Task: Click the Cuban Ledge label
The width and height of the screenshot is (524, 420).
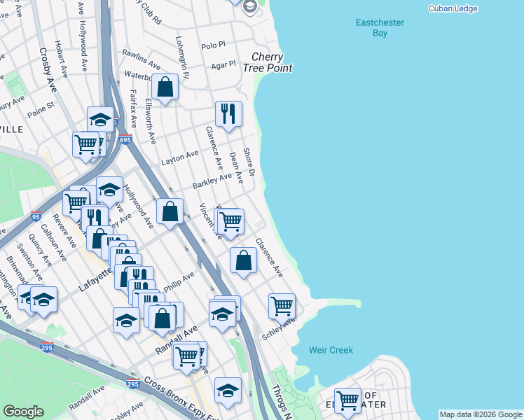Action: tap(453, 8)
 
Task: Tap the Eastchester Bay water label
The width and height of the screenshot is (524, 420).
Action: tap(380, 28)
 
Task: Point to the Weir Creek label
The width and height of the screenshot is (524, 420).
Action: tap(331, 350)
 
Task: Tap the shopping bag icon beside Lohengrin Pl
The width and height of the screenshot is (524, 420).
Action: tap(165, 87)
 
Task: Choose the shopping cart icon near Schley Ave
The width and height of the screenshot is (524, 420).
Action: tap(282, 305)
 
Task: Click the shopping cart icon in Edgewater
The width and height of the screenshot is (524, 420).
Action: tap(347, 401)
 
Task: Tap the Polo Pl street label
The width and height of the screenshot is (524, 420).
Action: tap(213, 45)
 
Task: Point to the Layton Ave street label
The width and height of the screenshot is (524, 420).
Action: tap(177, 160)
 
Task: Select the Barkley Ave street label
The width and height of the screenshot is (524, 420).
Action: tap(212, 181)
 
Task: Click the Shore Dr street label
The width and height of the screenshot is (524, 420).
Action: tap(249, 162)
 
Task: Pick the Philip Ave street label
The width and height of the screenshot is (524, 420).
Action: tap(179, 282)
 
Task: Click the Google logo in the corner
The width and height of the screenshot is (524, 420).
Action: tap(24, 412)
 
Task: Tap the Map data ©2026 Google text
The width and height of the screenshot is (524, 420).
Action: tap(481, 414)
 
